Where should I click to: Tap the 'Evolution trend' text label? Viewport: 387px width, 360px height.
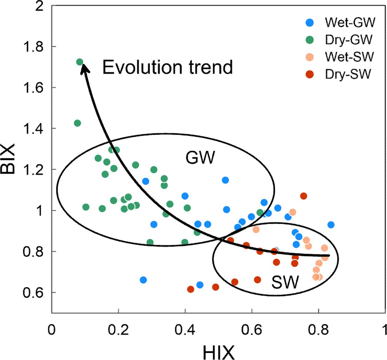(x=168, y=67)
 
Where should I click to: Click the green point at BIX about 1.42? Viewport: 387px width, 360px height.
(x=77, y=123)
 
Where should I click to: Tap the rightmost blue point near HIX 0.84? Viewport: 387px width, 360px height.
(x=330, y=225)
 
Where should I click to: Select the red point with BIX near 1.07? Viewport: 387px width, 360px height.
(x=303, y=196)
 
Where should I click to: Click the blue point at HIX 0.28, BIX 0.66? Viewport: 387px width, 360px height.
(x=143, y=280)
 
